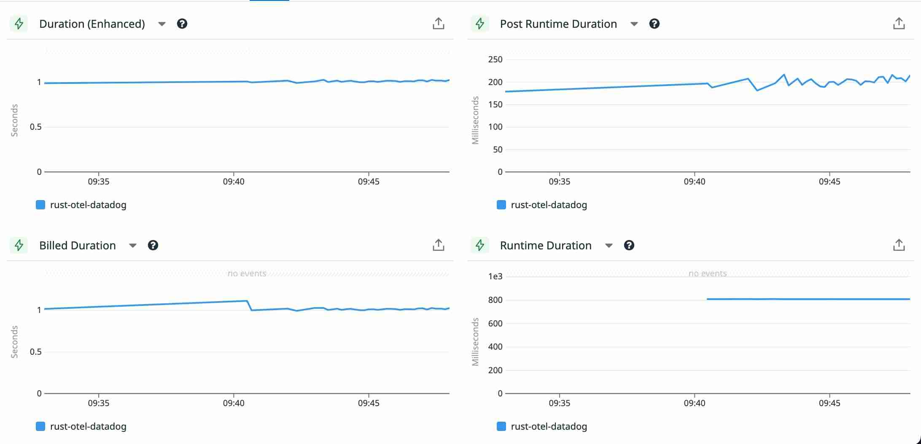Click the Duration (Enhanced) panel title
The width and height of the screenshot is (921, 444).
(x=92, y=24)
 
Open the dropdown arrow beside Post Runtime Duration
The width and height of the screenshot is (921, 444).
(x=634, y=24)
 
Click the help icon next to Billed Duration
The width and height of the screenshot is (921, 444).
(x=153, y=245)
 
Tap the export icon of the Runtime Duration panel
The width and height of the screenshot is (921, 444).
(x=899, y=245)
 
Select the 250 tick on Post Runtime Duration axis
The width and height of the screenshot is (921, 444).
(x=495, y=59)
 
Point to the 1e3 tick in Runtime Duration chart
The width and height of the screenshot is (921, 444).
(x=495, y=276)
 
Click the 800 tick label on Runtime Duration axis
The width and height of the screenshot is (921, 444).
(x=495, y=300)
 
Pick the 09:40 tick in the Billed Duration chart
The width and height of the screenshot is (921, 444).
(x=234, y=403)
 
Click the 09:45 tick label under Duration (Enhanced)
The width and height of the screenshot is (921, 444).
(x=369, y=182)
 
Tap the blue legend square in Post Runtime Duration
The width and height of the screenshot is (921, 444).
(x=501, y=205)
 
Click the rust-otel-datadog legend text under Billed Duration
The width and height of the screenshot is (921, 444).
(x=88, y=426)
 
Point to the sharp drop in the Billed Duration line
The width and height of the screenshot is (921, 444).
(x=249, y=305)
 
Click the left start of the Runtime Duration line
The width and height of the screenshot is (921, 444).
(x=708, y=299)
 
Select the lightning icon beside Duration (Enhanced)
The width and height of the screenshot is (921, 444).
(x=19, y=24)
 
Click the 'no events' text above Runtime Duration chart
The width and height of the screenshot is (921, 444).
(x=708, y=273)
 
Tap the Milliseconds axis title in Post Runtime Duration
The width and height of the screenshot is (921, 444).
(x=475, y=120)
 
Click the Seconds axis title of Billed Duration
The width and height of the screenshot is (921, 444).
(x=14, y=342)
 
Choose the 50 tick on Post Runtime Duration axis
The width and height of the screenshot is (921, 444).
(x=498, y=150)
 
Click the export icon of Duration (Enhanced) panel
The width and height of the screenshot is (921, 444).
(x=438, y=24)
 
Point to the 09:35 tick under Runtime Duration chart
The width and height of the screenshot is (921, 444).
(x=559, y=403)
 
